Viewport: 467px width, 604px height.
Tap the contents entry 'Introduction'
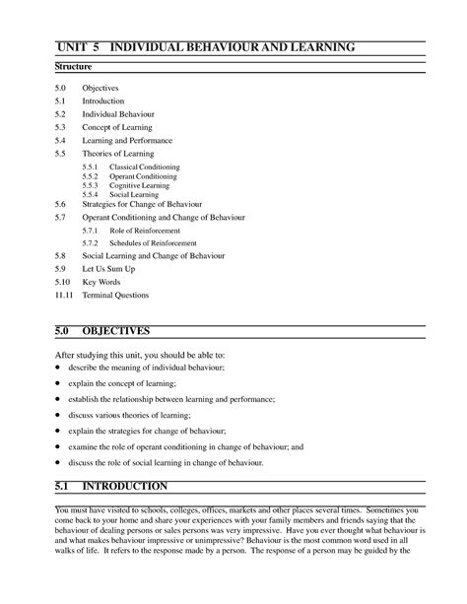coord(102,101)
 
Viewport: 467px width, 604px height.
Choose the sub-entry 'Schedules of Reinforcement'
coord(153,242)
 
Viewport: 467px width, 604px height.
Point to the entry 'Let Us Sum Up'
coord(108,268)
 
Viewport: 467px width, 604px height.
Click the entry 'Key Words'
coord(101,281)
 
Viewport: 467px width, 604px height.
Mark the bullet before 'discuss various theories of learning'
coord(58,416)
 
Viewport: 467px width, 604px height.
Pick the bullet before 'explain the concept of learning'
coord(58,382)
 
